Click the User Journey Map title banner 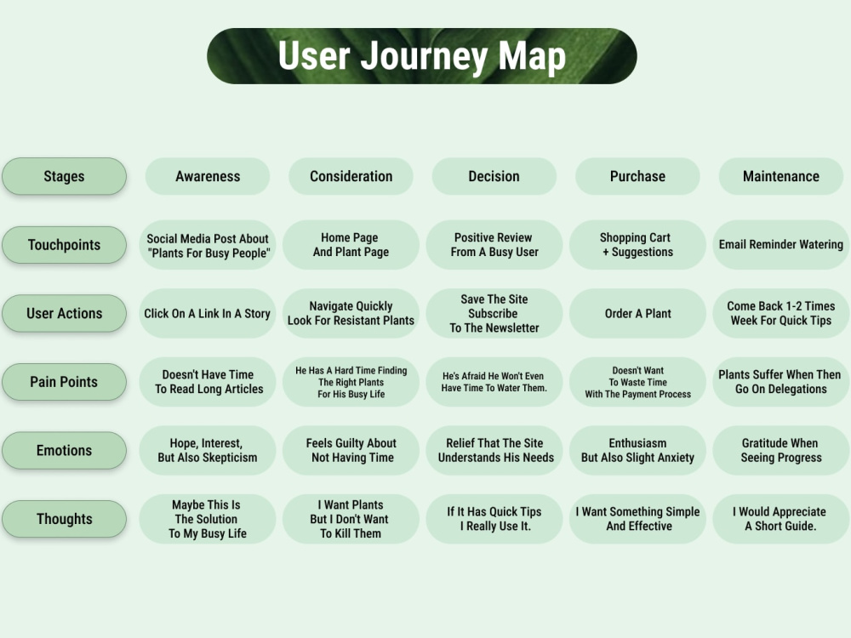click(x=422, y=56)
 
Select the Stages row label click(x=64, y=176)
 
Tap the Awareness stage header click(x=208, y=176)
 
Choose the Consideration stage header click(x=351, y=176)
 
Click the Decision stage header click(x=494, y=176)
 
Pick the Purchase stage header click(x=637, y=176)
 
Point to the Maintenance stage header click(x=781, y=176)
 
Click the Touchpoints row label click(x=64, y=245)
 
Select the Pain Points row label click(x=64, y=382)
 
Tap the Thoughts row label click(x=64, y=519)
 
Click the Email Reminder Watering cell click(x=781, y=245)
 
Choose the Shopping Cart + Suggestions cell click(x=637, y=245)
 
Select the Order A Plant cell click(x=637, y=314)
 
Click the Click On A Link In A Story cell click(x=208, y=314)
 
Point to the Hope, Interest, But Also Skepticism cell click(x=208, y=450)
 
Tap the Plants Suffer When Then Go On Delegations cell click(x=781, y=382)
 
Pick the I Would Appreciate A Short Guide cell click(x=781, y=519)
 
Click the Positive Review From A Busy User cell click(x=494, y=245)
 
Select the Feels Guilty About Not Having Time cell click(x=351, y=450)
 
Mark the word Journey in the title click(x=425, y=57)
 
